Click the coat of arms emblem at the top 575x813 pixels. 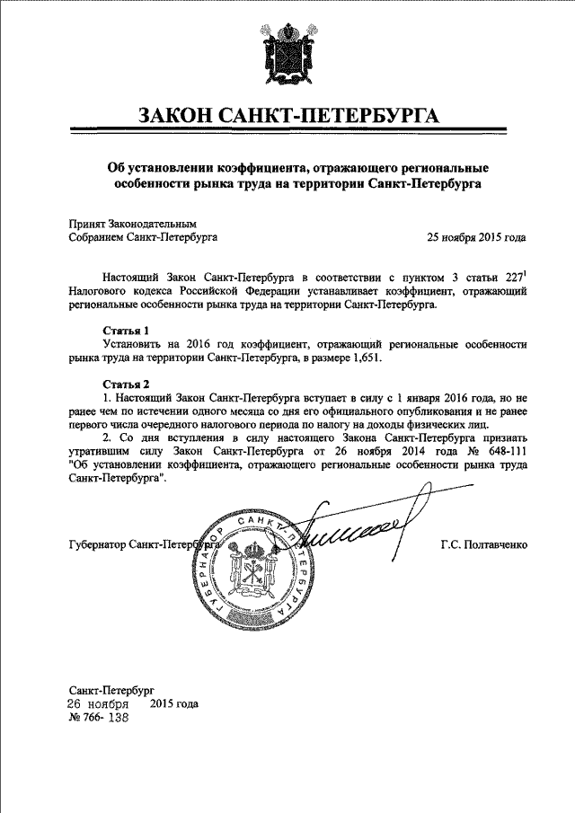point(288,59)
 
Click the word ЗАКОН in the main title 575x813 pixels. point(178,117)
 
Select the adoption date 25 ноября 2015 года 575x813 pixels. point(476,238)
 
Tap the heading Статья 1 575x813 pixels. point(128,331)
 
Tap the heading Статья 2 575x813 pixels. point(128,384)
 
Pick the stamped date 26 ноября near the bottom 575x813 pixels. point(100,704)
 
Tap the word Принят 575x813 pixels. point(87,223)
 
